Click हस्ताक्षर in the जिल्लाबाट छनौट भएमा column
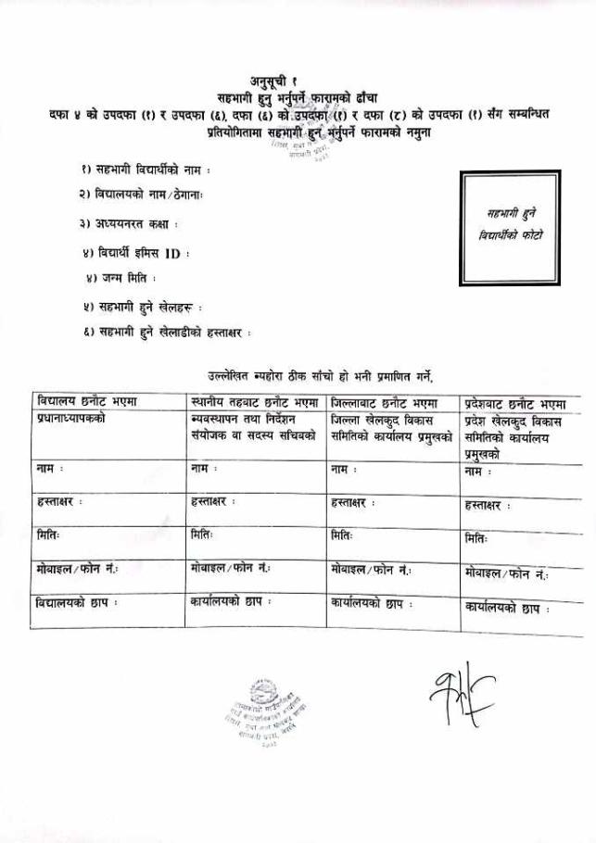point(355,502)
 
